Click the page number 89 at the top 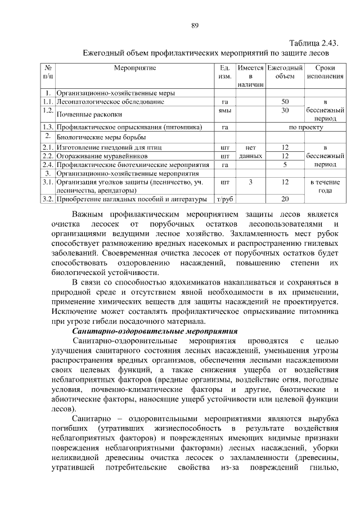(x=195, y=25)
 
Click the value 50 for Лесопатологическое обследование (x=285, y=102)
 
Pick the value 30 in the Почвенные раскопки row (x=285, y=111)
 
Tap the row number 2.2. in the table (x=47, y=155)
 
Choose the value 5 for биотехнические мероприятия (x=285, y=165)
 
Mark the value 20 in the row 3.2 (x=285, y=199)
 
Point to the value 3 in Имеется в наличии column (x=250, y=182)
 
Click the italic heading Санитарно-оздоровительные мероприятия (x=151, y=331)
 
